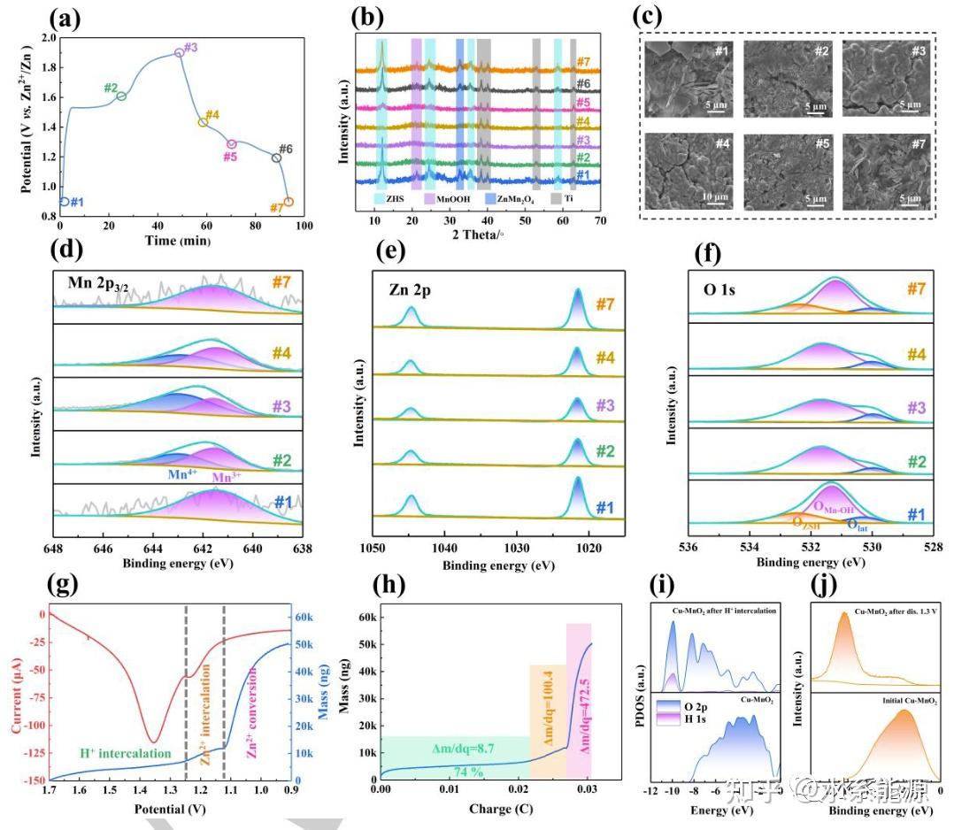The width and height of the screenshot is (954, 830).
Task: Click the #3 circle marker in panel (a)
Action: point(180,53)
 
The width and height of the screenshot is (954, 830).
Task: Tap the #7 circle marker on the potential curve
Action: point(289,202)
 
